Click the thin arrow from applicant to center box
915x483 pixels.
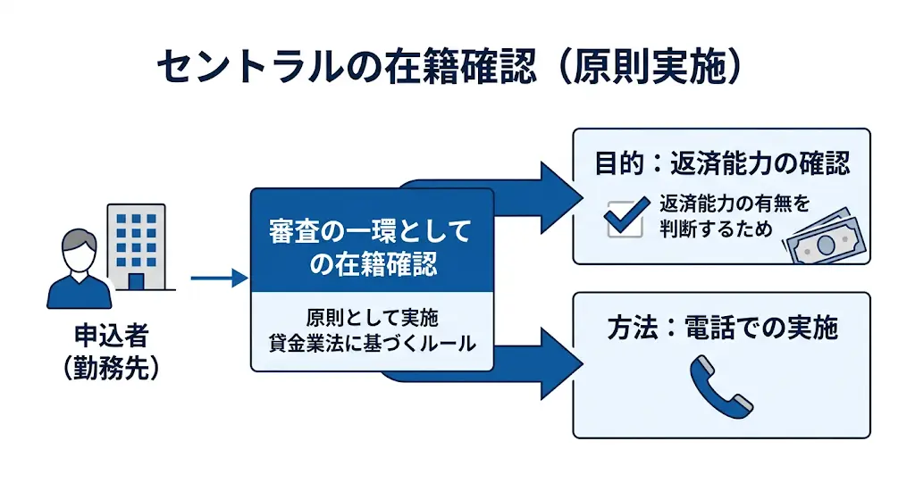[x=218, y=279]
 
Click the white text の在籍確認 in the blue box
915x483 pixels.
[x=370, y=265]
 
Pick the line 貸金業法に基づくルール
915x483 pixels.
[x=372, y=344]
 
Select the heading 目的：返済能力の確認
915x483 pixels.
[x=721, y=163]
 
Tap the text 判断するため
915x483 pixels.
[x=718, y=229]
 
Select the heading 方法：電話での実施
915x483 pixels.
[x=722, y=329]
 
